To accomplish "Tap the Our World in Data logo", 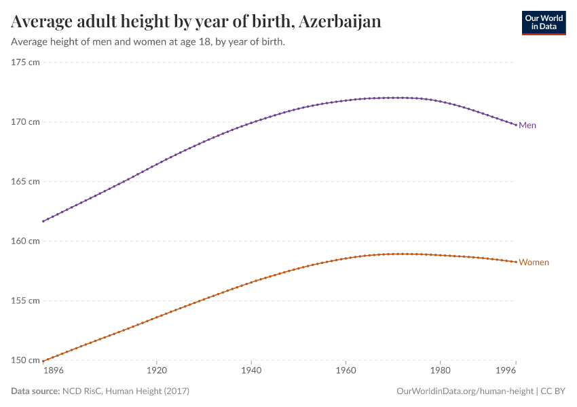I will (x=543, y=22).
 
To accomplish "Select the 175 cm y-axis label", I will (x=26, y=62).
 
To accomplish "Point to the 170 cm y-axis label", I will (x=26, y=122).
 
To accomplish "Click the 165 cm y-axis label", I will (x=26, y=182).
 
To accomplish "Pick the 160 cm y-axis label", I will (x=26, y=241).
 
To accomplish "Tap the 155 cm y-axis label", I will (x=26, y=301).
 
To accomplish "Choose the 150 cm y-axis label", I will (x=26, y=360).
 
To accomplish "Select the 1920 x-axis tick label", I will (x=156, y=372).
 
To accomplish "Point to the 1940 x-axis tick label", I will (x=251, y=372).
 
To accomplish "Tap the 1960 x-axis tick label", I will (x=346, y=372).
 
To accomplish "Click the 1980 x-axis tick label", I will (x=440, y=372).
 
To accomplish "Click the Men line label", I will (x=527, y=125).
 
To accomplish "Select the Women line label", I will (x=534, y=263).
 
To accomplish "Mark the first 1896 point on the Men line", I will (x=43, y=221).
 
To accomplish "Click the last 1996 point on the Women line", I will (x=516, y=262).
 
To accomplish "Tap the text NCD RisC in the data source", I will (x=81, y=391).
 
